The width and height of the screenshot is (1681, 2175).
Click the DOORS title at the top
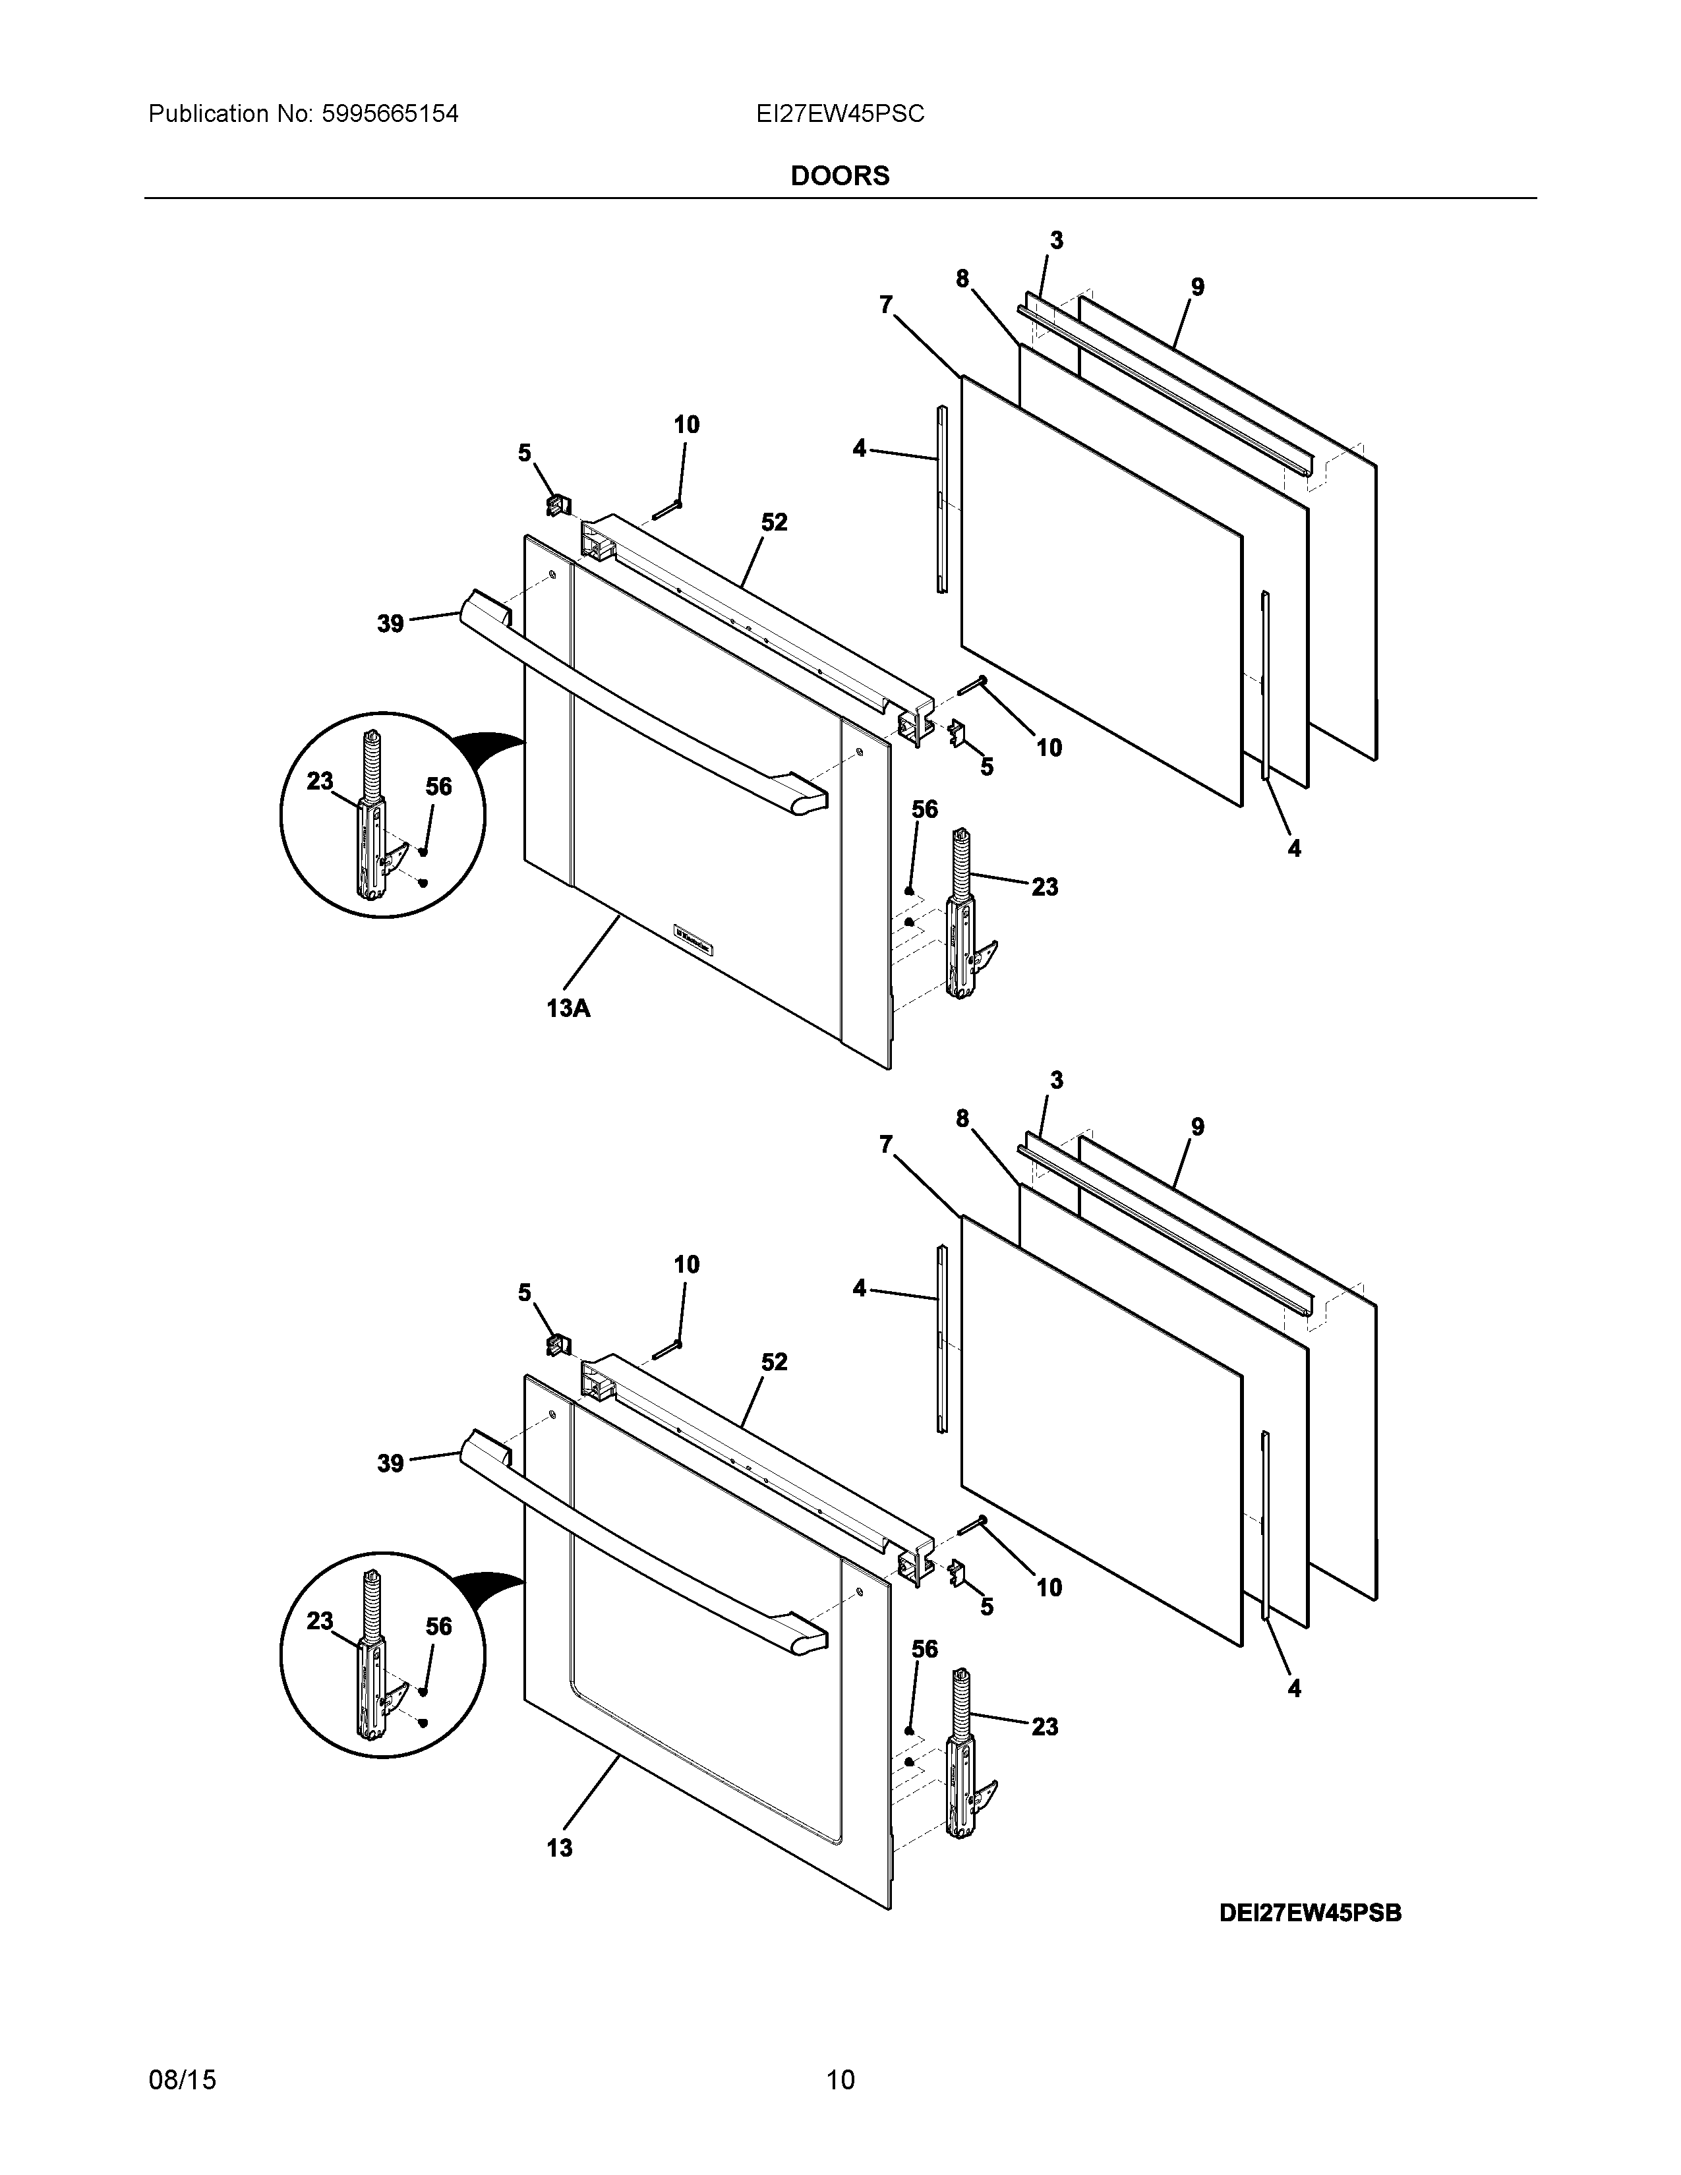839,176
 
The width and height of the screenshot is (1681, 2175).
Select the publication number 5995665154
390,115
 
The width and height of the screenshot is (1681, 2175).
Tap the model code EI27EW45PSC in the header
839,115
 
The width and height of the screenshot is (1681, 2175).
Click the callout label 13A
568,1008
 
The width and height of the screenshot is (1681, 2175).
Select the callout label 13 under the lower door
560,1848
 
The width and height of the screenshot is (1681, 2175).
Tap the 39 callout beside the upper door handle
390,623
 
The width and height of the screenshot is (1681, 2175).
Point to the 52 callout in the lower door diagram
774,1362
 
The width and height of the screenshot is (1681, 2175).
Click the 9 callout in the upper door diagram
1197,287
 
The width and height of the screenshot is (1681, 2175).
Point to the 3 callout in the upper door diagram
1057,240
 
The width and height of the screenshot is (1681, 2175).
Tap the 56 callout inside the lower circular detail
438,1626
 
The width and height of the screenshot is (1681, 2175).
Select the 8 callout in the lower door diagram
962,1118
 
